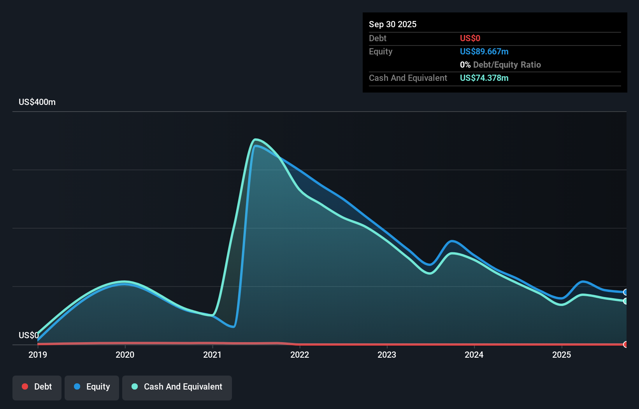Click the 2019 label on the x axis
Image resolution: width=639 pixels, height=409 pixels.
tap(38, 355)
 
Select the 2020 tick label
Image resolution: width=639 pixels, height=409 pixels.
tap(125, 355)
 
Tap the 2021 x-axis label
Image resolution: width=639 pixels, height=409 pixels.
tap(212, 355)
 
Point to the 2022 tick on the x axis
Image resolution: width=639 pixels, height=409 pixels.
tap(300, 355)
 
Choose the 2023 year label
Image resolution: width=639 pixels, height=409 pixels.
tap(387, 355)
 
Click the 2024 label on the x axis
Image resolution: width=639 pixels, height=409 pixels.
tap(474, 355)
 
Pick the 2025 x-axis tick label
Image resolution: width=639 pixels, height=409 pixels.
tap(562, 355)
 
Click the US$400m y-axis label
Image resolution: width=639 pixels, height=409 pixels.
tap(37, 102)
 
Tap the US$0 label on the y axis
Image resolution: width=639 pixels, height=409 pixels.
tap(29, 335)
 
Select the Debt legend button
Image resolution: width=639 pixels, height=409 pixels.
tap(37, 387)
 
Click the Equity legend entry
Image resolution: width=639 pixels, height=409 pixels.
tap(92, 387)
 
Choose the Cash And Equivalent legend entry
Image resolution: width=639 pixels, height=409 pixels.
tap(177, 387)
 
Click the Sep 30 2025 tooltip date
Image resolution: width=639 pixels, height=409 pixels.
tap(393, 24)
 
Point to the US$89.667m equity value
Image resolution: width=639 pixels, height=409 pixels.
tap(484, 52)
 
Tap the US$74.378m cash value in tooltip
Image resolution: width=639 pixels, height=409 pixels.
tap(484, 78)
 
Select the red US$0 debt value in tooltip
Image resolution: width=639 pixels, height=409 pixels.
tap(470, 38)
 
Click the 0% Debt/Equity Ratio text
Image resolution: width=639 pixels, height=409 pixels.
tap(500, 65)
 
